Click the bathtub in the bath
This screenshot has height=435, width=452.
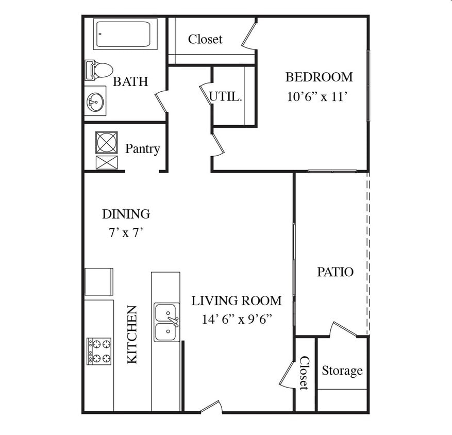click(125, 34)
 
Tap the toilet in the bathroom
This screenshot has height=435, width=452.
click(98, 70)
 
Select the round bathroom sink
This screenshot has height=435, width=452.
click(95, 102)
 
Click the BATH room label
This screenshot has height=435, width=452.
click(130, 81)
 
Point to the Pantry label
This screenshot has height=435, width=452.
click(142, 149)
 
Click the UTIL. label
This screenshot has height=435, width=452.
click(225, 96)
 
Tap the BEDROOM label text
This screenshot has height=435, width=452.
click(319, 77)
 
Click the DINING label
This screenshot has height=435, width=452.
click(126, 214)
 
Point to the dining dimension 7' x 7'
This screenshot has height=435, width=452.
click(126, 232)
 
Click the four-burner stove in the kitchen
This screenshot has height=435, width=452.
click(99, 351)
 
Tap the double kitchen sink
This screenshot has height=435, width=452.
click(166, 322)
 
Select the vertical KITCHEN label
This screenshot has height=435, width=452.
click(132, 334)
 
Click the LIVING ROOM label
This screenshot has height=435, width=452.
click(237, 301)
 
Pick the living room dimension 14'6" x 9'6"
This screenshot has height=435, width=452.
click(237, 320)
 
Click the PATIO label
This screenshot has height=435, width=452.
click(335, 272)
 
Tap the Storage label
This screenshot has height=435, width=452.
click(342, 371)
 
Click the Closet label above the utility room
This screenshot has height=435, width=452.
click(205, 39)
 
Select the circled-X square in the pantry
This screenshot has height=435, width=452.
click(107, 142)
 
